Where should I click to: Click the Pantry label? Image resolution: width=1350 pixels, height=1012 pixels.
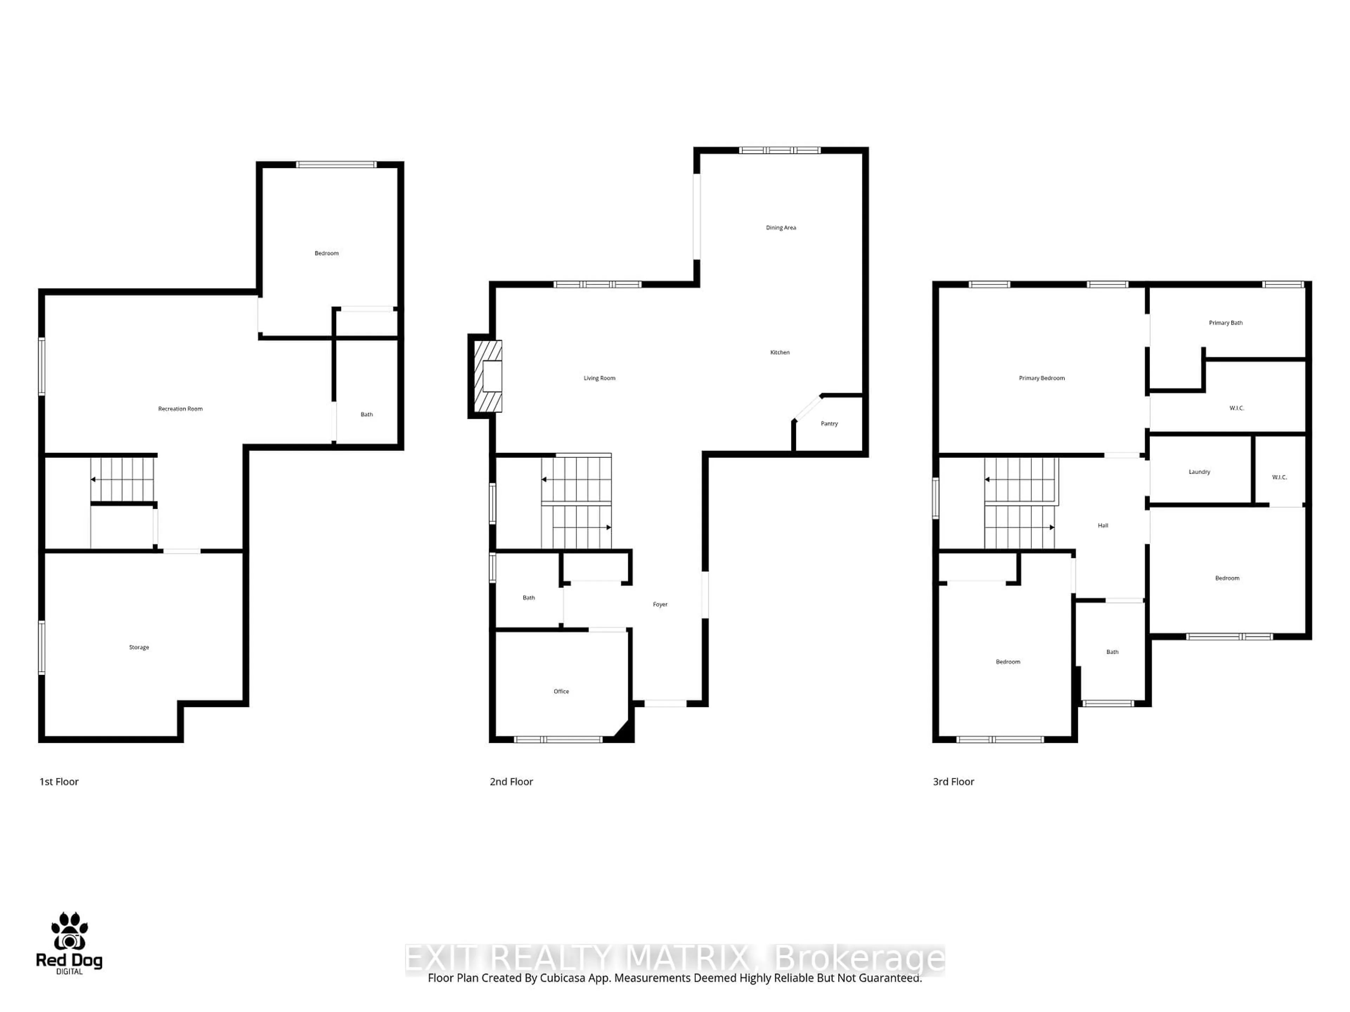pos(829,423)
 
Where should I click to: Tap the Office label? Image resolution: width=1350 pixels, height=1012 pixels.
pos(561,691)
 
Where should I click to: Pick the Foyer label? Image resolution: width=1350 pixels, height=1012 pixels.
pos(660,604)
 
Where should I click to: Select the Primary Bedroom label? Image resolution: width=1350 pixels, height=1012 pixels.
pos(1041,378)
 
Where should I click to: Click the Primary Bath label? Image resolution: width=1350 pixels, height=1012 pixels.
pos(1226,323)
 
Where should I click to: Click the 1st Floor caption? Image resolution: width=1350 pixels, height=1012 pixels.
pos(59,781)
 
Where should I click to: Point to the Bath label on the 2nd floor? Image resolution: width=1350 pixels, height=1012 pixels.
pos(528,598)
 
